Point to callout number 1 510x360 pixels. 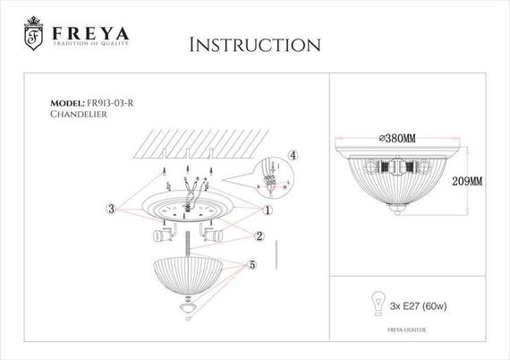click(268, 209)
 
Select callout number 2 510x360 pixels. click(259, 236)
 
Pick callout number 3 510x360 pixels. click(110, 209)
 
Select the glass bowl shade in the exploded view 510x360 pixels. click(191, 274)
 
